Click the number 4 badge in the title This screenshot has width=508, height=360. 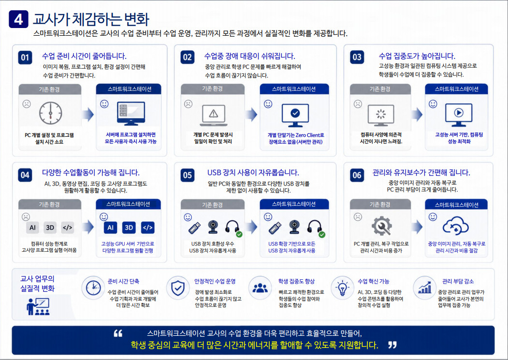click(18, 19)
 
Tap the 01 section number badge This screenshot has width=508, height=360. click(25, 58)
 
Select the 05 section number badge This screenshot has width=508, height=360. click(188, 175)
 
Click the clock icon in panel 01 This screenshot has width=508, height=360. click(51, 114)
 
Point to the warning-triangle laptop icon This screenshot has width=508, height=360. click(214, 115)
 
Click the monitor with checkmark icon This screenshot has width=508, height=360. click(295, 115)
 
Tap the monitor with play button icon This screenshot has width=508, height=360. click(458, 115)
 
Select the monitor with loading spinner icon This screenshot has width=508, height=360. click(381, 115)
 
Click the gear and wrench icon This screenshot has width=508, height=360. click(382, 225)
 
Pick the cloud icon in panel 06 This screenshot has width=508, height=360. click(455, 226)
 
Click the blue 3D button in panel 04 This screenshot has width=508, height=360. click(129, 228)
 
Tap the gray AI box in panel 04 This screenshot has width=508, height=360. click(32, 228)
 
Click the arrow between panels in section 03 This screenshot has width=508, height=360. click(417, 114)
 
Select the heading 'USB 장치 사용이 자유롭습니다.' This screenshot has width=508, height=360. click(253, 173)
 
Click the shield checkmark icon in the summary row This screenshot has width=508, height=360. click(178, 288)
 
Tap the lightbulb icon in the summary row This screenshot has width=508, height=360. click(342, 288)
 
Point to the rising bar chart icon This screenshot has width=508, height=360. click(424, 287)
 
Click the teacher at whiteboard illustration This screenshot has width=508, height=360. click(38, 306)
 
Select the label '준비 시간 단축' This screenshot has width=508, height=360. click(123, 281)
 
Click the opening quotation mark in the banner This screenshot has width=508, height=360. click(118, 333)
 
